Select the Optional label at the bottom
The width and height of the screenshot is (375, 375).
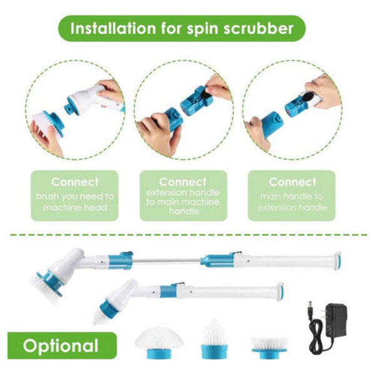[61, 345]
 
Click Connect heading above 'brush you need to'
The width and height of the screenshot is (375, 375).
[74, 182]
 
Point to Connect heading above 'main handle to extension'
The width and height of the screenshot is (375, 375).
[292, 182]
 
